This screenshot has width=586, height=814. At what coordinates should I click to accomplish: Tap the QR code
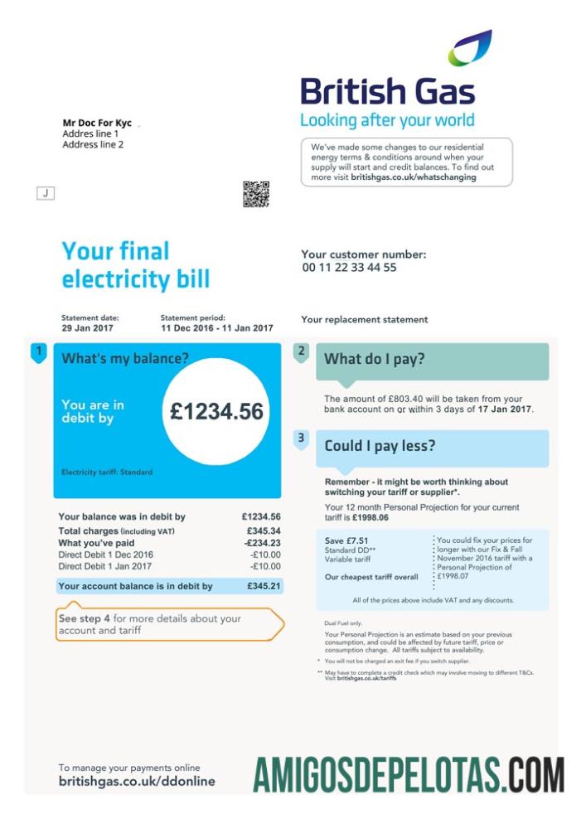pos(255,194)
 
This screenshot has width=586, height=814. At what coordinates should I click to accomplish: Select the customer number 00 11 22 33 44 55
pos(349,268)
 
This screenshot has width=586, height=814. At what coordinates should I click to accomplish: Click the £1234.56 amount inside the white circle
pos(217,411)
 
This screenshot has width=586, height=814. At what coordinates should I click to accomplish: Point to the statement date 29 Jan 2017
pos(87,328)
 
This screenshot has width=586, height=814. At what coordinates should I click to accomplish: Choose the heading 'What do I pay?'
pos(374,359)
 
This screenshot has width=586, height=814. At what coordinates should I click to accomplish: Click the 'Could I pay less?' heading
pos(380,446)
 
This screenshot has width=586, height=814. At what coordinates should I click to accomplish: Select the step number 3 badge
pos(301,438)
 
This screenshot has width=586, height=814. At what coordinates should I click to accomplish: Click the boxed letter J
pos(46,193)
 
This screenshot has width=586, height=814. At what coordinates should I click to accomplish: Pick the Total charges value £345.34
pos(264,531)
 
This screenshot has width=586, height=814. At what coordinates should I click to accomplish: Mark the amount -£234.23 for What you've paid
pos(262,543)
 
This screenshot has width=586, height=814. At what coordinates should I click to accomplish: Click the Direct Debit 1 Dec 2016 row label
pos(105,555)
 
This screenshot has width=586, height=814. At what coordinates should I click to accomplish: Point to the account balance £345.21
pos(264,586)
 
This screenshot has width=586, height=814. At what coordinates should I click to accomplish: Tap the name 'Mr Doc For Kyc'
pos(97,123)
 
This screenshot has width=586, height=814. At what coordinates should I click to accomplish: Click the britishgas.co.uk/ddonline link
pos(136,781)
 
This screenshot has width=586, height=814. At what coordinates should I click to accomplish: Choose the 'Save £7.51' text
pos(346,540)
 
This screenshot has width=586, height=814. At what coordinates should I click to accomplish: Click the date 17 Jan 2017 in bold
pos(504,409)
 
